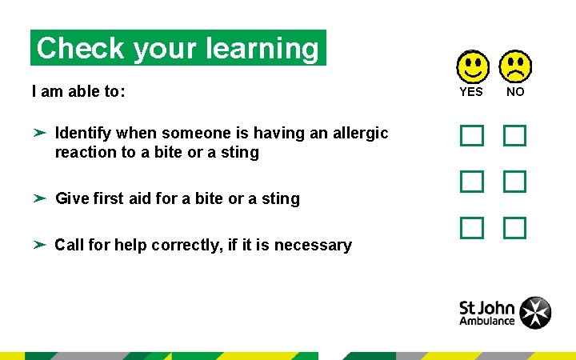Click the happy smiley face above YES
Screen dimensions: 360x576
(473, 67)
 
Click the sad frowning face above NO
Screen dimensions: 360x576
(515, 67)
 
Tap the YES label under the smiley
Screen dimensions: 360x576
(471, 92)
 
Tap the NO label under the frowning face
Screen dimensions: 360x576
(516, 92)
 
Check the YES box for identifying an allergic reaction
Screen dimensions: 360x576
(472, 135)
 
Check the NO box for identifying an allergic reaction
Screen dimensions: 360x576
(514, 135)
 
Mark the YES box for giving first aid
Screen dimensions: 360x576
(472, 182)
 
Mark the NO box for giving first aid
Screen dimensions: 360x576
(514, 182)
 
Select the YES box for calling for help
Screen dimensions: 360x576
(472, 228)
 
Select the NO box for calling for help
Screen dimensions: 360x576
(514, 228)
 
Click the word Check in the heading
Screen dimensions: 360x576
(82, 48)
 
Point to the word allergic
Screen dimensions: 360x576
(352, 133)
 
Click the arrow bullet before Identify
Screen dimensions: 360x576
(39, 133)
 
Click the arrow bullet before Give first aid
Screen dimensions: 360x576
(39, 198)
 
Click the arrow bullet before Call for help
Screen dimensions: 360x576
(39, 244)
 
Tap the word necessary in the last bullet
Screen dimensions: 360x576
(313, 245)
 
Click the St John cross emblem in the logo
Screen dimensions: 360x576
(534, 313)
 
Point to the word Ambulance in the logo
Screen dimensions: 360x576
(486, 322)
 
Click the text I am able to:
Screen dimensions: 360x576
(78, 91)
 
